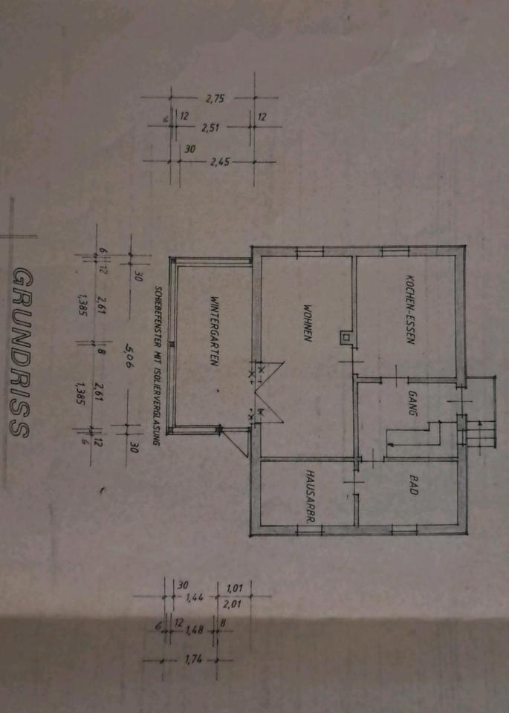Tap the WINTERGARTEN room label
[x=214, y=331]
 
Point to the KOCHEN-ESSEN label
[x=409, y=312]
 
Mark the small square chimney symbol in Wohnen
[x=344, y=336]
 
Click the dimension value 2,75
[x=215, y=97]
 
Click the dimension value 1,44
[x=195, y=596]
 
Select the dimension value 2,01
[x=233, y=605]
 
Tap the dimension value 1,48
[x=195, y=631]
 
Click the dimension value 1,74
[x=193, y=660]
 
